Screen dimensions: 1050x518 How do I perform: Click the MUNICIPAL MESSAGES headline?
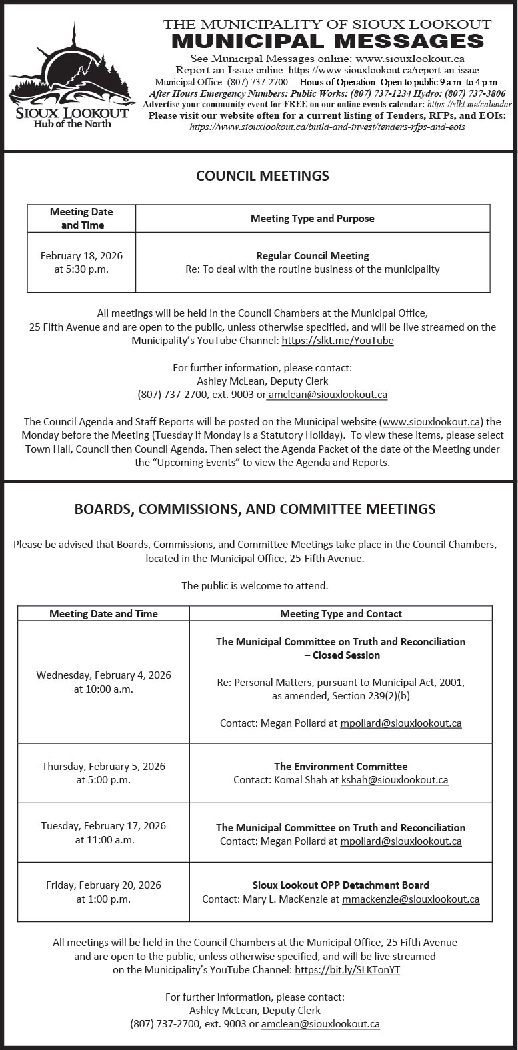pyautogui.click(x=327, y=41)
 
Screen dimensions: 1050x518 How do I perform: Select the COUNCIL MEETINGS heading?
pyautogui.click(x=262, y=176)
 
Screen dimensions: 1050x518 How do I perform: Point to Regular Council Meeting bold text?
pyautogui.click(x=312, y=256)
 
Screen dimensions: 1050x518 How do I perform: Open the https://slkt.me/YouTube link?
pyautogui.click(x=337, y=341)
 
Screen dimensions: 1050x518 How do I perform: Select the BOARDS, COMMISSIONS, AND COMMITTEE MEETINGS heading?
pyautogui.click(x=255, y=509)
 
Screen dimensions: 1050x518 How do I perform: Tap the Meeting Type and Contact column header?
pyautogui.click(x=341, y=614)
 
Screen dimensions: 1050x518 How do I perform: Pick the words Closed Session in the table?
pyautogui.click(x=346, y=655)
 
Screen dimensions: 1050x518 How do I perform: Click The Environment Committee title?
pyautogui.click(x=341, y=767)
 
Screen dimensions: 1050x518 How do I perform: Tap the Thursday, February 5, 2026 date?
pyautogui.click(x=103, y=767)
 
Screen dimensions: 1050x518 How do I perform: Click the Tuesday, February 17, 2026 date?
pyautogui.click(x=103, y=826)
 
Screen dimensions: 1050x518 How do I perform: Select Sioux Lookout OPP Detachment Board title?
pyautogui.click(x=341, y=885)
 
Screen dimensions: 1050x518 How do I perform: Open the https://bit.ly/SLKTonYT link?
pyautogui.click(x=347, y=970)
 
